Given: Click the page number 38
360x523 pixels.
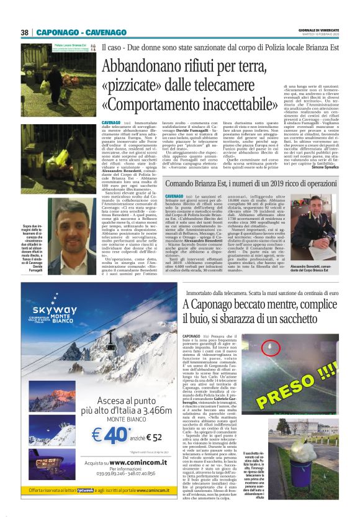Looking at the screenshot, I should point(24,33).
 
